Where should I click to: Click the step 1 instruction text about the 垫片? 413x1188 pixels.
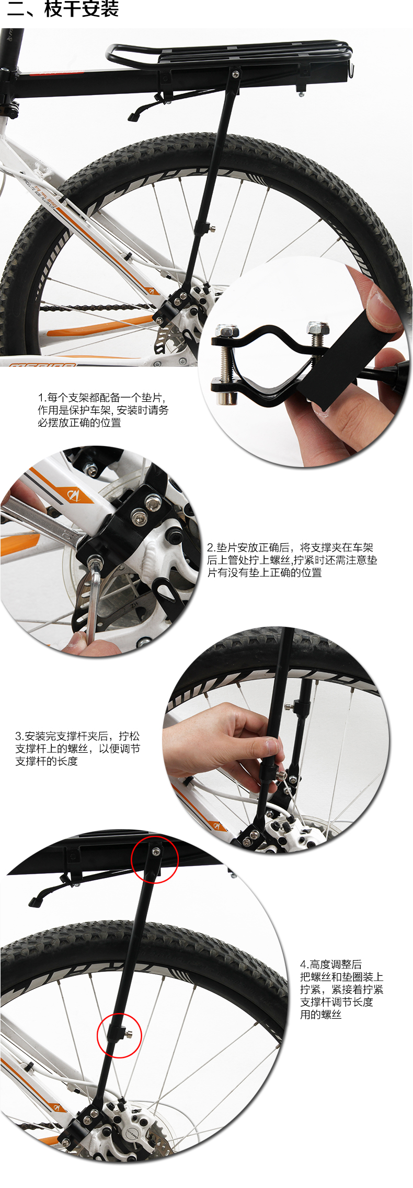[103, 410]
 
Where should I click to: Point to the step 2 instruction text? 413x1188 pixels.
[292, 560]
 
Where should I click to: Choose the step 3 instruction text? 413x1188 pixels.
[77, 749]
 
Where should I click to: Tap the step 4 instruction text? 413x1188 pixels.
[342, 989]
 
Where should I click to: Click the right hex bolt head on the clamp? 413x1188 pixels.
[318, 329]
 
